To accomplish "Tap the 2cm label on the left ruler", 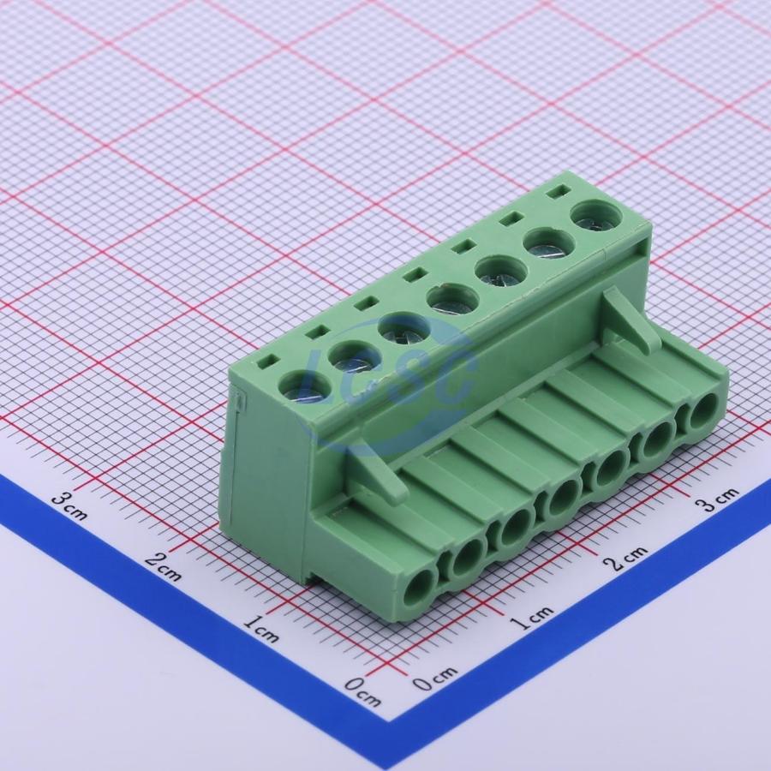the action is click(x=164, y=566).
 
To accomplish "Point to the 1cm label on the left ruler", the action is click(x=261, y=629).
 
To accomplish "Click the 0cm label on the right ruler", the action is click(x=434, y=679).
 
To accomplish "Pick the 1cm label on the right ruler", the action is click(x=531, y=618).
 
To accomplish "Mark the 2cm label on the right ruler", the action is click(x=626, y=558).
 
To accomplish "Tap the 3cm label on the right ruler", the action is click(x=716, y=500).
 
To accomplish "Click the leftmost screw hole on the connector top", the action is click(x=304, y=386).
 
